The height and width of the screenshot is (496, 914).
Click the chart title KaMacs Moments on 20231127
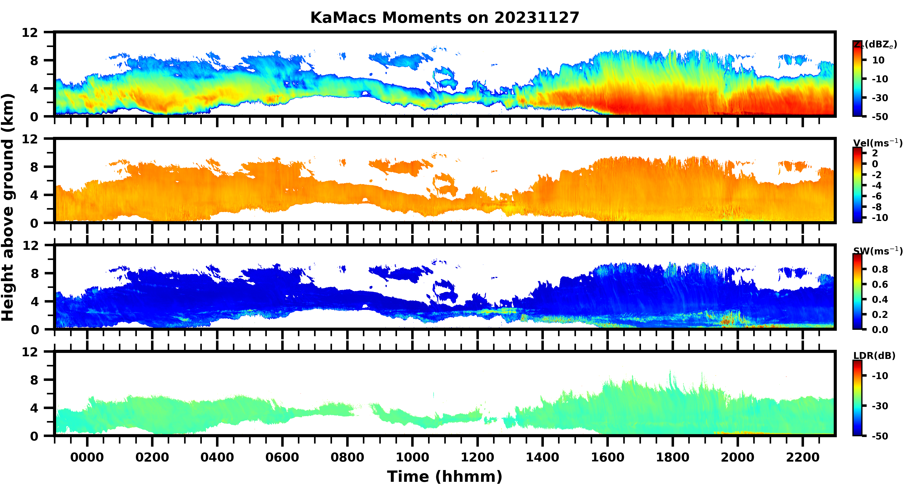445,18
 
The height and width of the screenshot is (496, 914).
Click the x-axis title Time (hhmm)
445,476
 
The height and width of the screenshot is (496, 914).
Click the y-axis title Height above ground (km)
8,208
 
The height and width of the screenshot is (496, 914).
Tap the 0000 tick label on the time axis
87,457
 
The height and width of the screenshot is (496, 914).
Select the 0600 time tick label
282,457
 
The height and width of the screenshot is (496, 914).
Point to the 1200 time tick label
477,457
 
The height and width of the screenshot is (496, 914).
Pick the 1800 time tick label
672,457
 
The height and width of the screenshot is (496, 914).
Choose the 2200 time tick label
803,457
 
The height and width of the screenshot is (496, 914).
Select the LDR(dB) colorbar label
874,356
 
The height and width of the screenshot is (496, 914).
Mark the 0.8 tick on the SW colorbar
880,269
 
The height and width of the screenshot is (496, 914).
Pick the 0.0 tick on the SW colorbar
880,330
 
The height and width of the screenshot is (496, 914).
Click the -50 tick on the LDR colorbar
880,436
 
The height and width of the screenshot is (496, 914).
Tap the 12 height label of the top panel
30,33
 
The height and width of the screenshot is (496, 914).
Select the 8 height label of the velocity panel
34,167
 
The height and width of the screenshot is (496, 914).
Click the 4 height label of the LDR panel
34,408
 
